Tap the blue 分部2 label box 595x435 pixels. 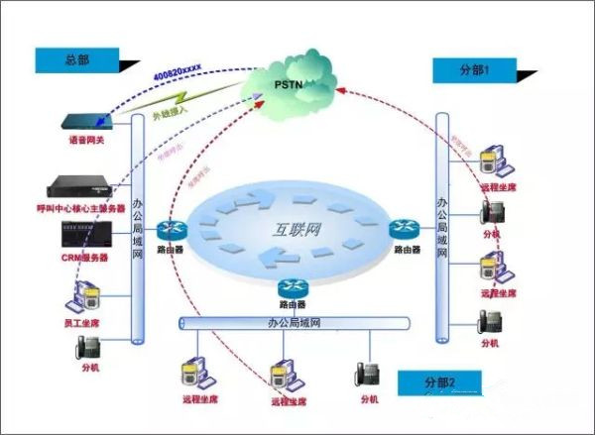click(x=438, y=382)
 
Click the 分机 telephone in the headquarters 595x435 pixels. click(x=86, y=348)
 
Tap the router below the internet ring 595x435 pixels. click(x=292, y=289)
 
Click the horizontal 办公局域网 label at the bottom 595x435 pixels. click(x=294, y=323)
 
